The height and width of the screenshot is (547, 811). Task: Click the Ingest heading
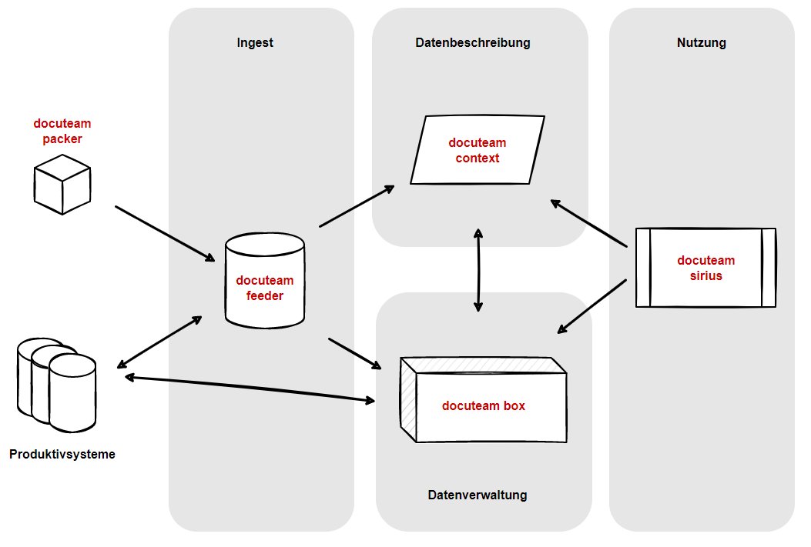(x=255, y=43)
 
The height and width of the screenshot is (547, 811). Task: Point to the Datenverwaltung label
(x=477, y=495)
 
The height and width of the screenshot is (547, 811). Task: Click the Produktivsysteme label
(x=62, y=454)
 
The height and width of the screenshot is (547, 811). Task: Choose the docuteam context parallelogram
(x=477, y=150)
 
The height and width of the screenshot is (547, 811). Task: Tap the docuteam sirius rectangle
(x=705, y=268)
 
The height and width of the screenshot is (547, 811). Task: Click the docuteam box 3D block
(x=483, y=401)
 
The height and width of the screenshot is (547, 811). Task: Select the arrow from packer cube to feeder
(x=165, y=234)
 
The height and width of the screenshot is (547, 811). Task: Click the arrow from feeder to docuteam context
(x=357, y=206)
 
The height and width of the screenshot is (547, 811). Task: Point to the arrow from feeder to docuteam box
(x=355, y=352)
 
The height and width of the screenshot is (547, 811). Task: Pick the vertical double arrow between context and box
(x=478, y=269)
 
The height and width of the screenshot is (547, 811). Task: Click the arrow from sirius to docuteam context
(x=589, y=223)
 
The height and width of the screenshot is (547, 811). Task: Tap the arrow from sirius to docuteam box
(x=592, y=306)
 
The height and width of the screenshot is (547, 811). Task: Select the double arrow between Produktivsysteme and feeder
(x=159, y=341)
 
